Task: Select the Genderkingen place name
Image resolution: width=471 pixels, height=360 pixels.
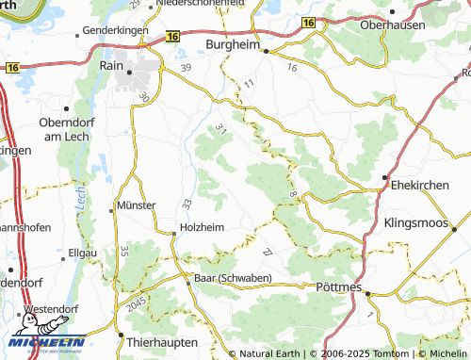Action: click(x=117, y=30)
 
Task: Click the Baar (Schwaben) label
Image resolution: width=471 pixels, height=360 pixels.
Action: click(x=233, y=278)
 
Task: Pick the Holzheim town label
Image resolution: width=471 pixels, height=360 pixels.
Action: click(x=202, y=226)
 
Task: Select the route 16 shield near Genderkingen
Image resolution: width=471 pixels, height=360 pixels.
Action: click(x=171, y=36)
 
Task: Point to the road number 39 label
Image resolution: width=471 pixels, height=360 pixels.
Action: click(x=186, y=68)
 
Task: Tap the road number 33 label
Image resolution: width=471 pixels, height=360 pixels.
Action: click(x=187, y=204)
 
